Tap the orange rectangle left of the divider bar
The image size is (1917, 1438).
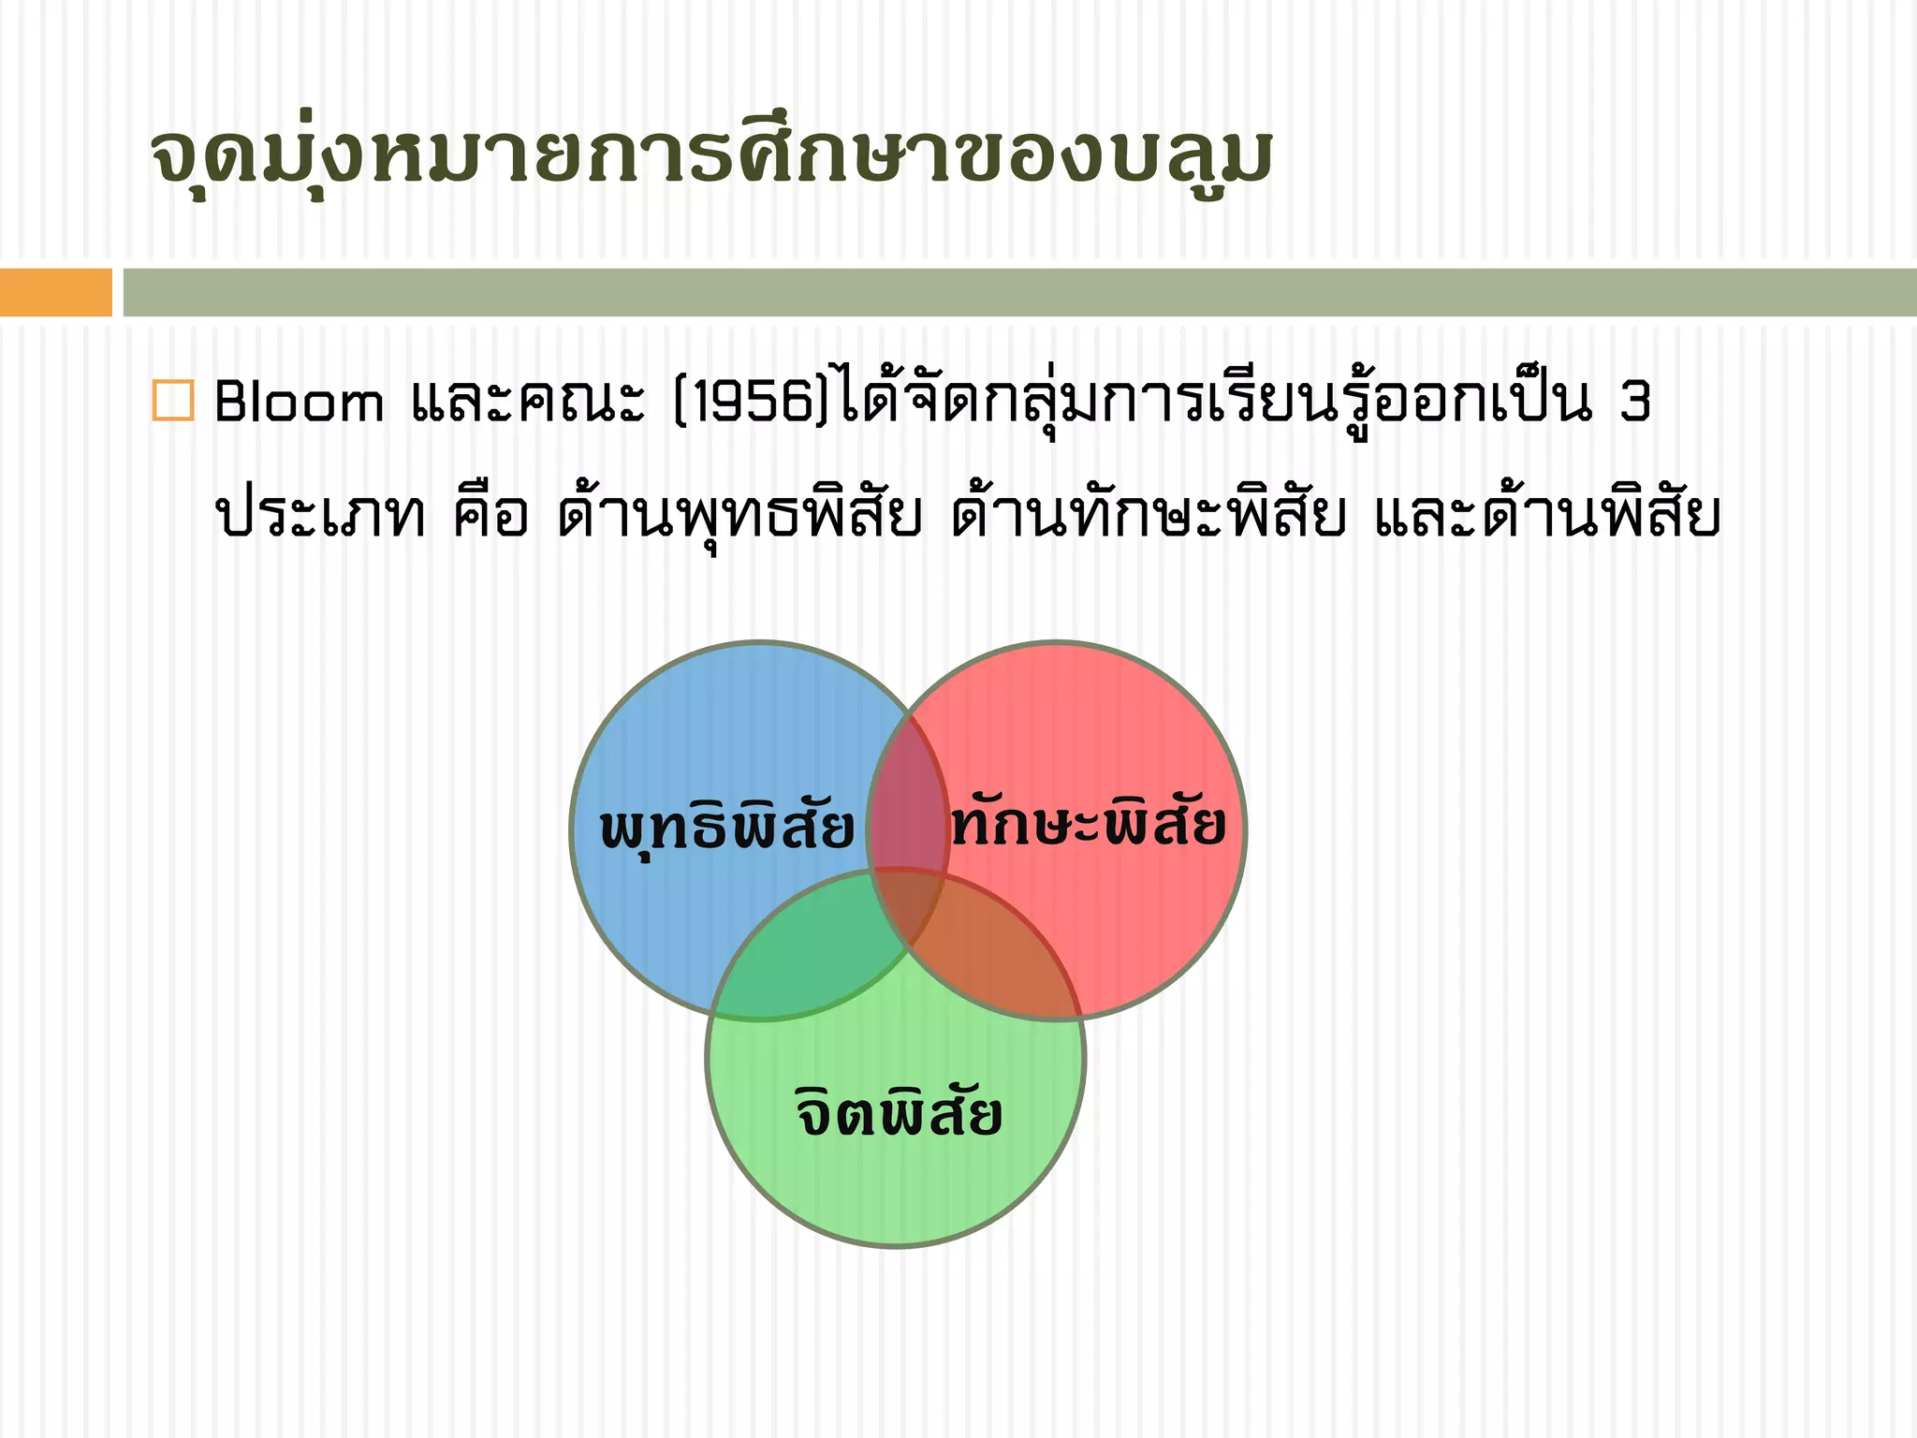click(55, 292)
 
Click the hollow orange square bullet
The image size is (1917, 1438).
click(172, 401)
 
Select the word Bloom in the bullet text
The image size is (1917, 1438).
click(299, 403)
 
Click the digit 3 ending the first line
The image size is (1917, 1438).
click(1634, 403)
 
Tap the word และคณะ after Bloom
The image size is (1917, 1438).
click(528, 403)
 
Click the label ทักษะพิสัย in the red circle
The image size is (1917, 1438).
click(1088, 824)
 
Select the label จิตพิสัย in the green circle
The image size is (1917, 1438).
click(899, 1112)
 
